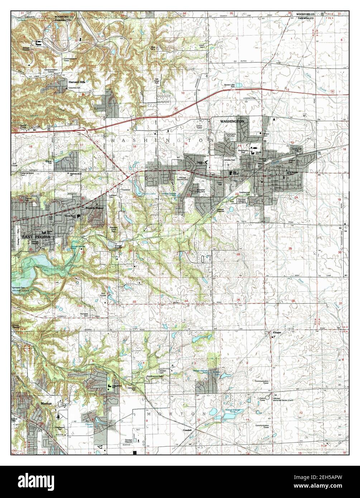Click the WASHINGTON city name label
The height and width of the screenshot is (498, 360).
(232, 121)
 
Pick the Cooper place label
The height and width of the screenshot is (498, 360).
(277, 332)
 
